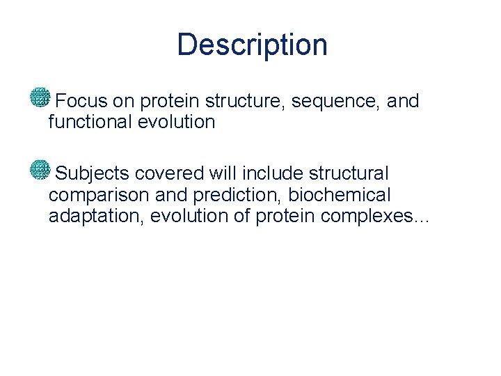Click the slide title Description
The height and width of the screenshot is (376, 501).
(252, 45)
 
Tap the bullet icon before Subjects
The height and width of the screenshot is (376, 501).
(40, 169)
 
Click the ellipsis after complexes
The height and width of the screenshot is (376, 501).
(422, 220)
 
